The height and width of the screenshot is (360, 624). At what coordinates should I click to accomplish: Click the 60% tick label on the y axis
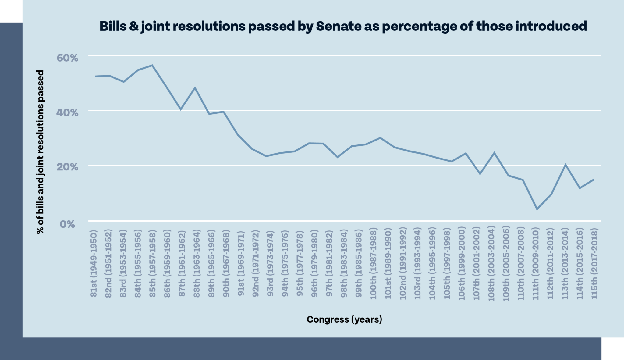[x=67, y=58]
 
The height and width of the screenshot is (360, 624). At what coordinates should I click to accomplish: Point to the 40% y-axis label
[x=67, y=112]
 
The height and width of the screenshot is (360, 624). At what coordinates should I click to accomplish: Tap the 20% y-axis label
[x=67, y=167]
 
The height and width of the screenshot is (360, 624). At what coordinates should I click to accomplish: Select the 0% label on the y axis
[x=67, y=224]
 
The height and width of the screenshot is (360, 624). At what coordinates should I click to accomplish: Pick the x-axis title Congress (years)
[x=344, y=319]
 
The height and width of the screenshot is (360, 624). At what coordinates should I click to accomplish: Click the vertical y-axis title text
[x=40, y=152]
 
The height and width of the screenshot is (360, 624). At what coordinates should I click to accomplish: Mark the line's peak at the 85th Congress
[x=152, y=65]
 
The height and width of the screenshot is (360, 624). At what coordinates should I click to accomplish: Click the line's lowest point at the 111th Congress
[x=537, y=209]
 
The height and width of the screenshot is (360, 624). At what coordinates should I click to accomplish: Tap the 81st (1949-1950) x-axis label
[x=94, y=263]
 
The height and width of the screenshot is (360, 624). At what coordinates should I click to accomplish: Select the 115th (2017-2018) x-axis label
[x=594, y=263]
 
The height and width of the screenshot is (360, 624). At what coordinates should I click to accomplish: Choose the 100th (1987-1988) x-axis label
[x=373, y=263]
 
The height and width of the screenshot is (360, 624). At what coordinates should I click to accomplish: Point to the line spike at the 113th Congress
[x=565, y=165]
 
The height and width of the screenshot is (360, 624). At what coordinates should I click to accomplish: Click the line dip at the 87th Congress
[x=181, y=109]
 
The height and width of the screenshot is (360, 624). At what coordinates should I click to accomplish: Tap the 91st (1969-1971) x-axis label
[x=241, y=263]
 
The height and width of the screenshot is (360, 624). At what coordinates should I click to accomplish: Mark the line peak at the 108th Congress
[x=494, y=153]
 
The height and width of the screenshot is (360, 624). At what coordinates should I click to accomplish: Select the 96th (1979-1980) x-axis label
[x=314, y=263]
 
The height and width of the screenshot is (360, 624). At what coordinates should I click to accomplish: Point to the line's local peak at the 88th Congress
[x=195, y=88]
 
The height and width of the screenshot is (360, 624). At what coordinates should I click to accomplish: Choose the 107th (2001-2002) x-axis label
[x=477, y=263]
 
